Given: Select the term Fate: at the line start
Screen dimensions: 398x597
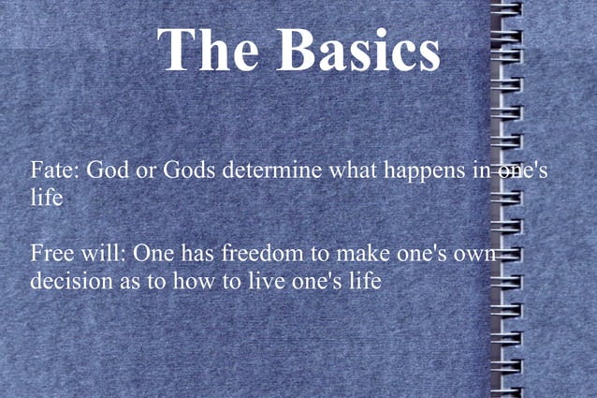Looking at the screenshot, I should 55,172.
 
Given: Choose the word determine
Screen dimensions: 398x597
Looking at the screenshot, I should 273,172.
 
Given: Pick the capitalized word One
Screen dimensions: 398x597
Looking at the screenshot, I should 153,253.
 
